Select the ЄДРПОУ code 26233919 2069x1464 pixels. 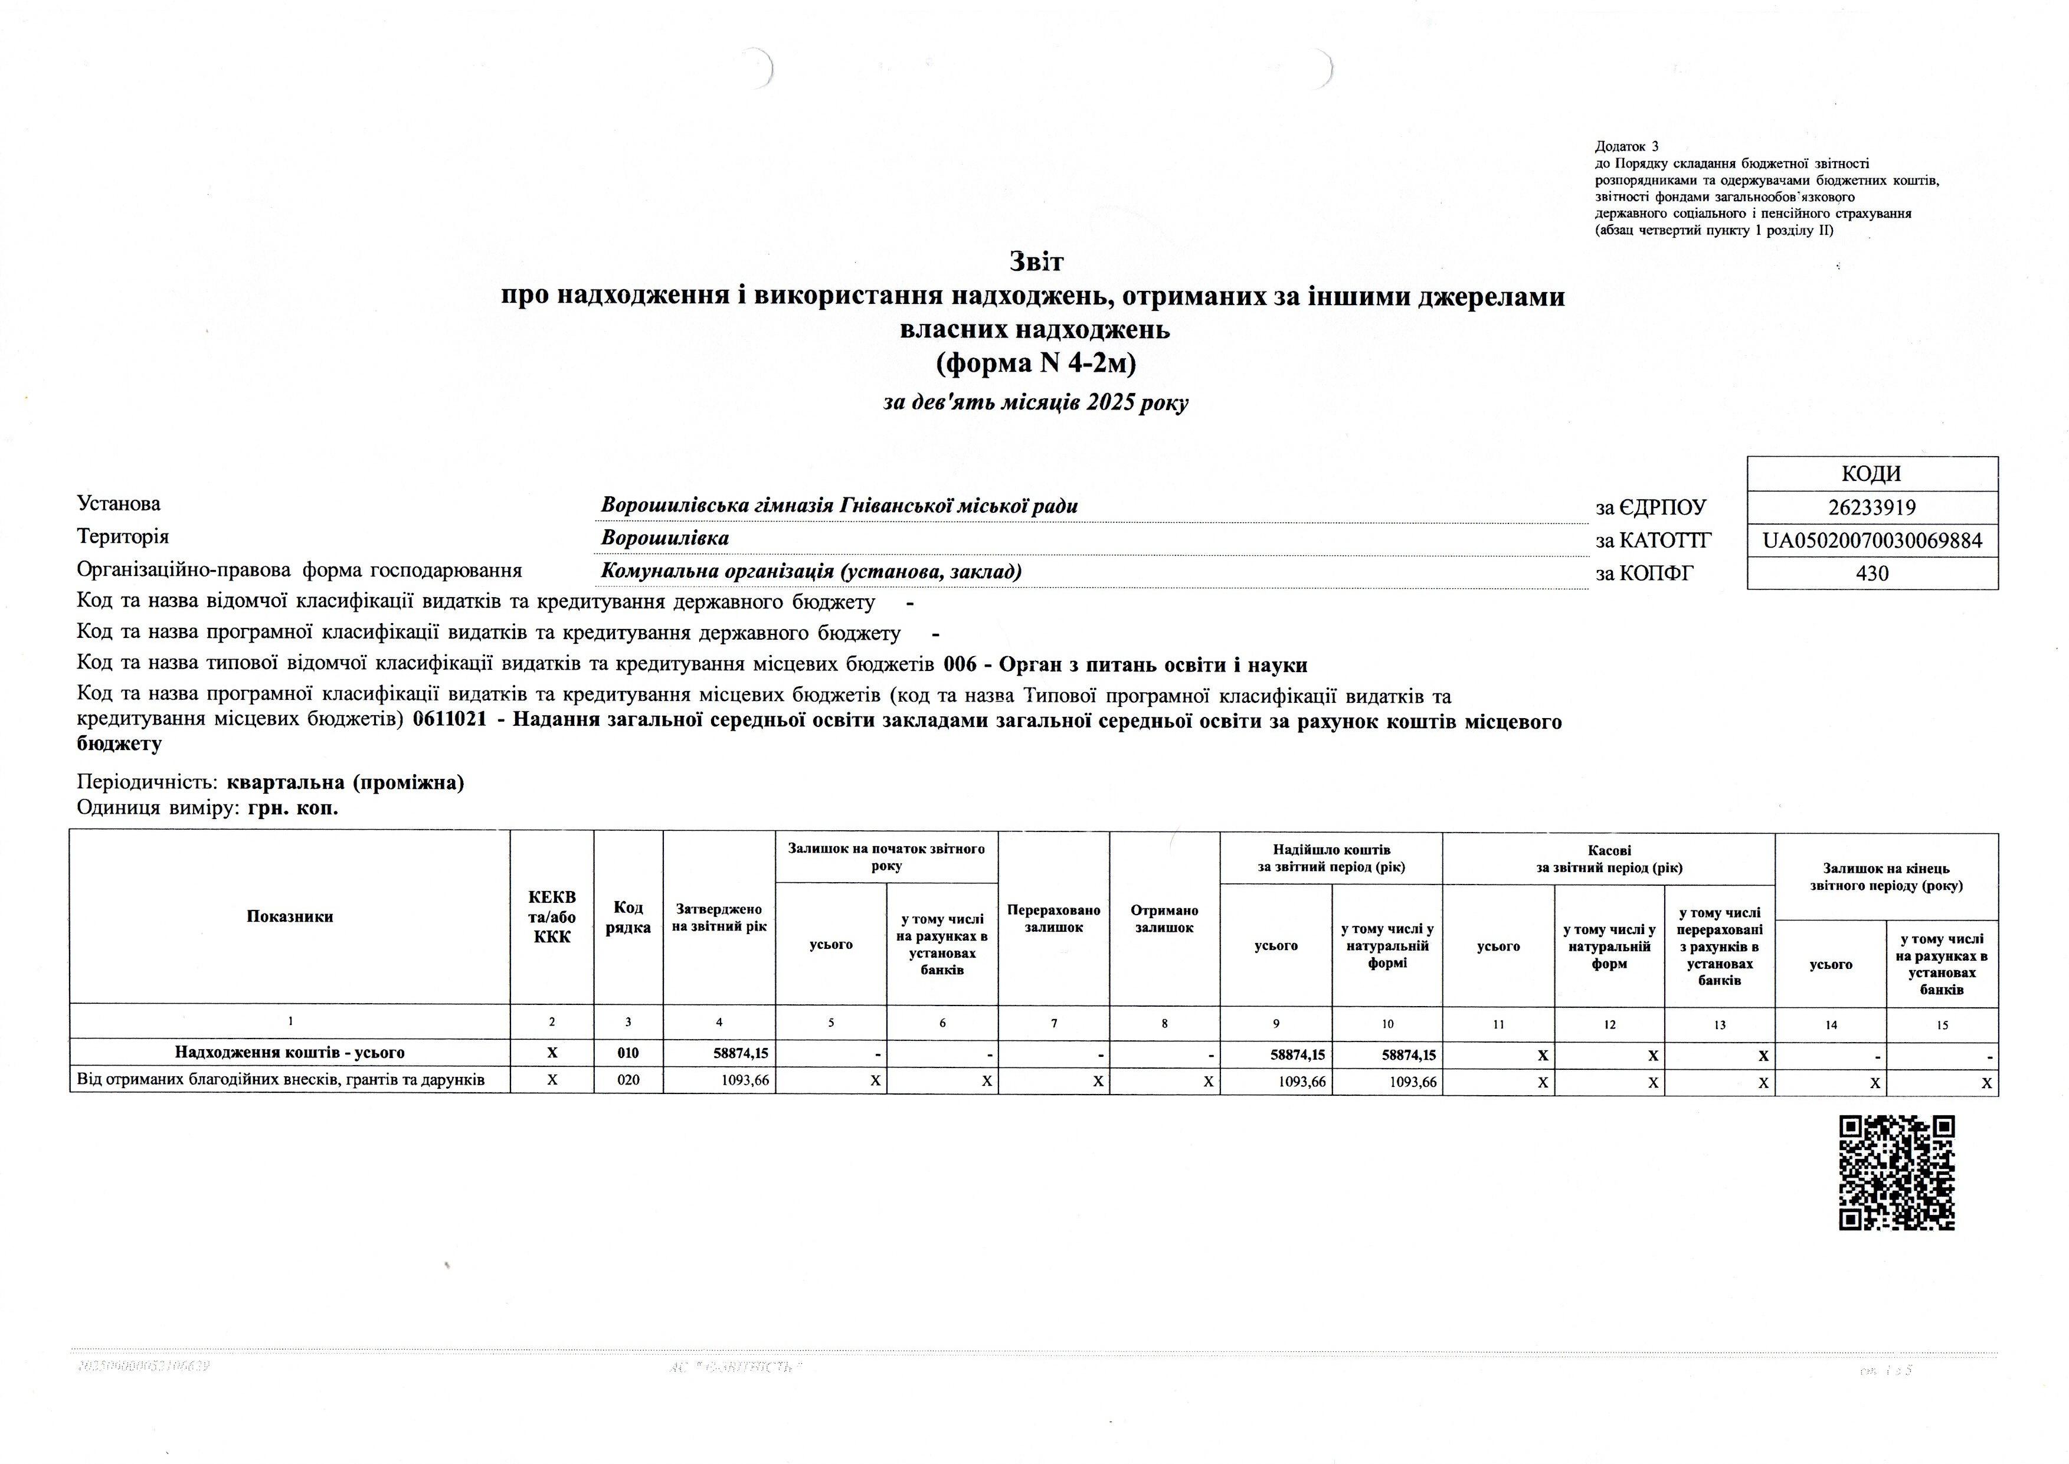1871,507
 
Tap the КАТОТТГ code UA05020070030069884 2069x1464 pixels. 1871,541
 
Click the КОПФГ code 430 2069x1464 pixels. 1871,574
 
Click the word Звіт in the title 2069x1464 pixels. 1035,263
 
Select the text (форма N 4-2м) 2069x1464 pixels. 1035,363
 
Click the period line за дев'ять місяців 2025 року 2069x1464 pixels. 1035,403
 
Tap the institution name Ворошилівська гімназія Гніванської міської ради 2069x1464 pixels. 839,506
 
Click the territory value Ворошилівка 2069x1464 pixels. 664,538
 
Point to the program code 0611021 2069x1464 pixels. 449,722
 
